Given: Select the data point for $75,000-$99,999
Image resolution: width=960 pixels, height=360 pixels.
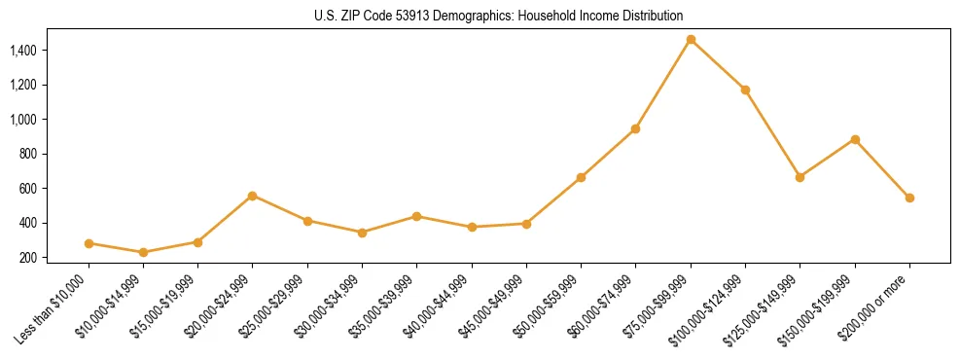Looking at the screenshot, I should point(691,40).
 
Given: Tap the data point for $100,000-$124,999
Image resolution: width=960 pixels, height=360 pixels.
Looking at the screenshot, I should point(745,90).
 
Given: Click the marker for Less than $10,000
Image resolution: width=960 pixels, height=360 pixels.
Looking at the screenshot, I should point(89,243).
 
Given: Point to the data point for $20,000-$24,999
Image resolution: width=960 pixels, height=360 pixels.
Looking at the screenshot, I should point(253,196).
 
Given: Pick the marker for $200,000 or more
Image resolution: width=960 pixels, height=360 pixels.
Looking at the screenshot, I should point(909,198).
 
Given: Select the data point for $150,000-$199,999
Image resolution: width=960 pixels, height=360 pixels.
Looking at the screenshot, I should point(855,139).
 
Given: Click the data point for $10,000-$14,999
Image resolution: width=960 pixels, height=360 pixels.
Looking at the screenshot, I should point(144,252).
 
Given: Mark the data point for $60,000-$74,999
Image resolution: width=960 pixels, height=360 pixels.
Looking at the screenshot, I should point(636,128).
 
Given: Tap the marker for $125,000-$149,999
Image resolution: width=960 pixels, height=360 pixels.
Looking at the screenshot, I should point(800,177).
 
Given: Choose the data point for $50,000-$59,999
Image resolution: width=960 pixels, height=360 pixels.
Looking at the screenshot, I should point(581,177).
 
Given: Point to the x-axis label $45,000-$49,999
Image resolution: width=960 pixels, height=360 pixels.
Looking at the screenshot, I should point(494,306).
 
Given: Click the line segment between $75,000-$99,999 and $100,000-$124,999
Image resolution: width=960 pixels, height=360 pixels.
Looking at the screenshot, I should point(718,65).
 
